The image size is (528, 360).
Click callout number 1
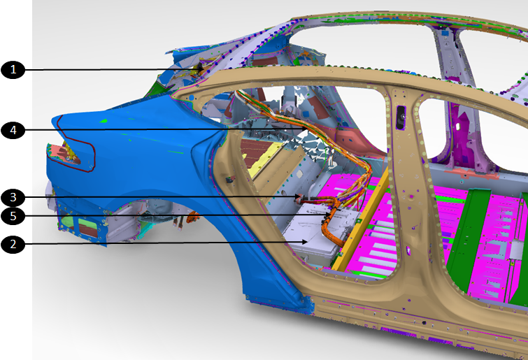pos(13,70)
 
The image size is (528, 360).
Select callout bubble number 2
pos(13,244)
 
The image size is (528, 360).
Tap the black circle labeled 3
pos(13,198)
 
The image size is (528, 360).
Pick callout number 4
pos(13,130)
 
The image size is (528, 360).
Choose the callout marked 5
pos(13,216)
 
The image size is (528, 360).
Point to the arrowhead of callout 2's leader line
pos(306,242)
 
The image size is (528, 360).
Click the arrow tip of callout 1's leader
pos(203,69)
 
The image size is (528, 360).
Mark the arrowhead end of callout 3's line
pos(299,196)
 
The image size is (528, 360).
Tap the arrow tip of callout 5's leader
pos(331,214)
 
